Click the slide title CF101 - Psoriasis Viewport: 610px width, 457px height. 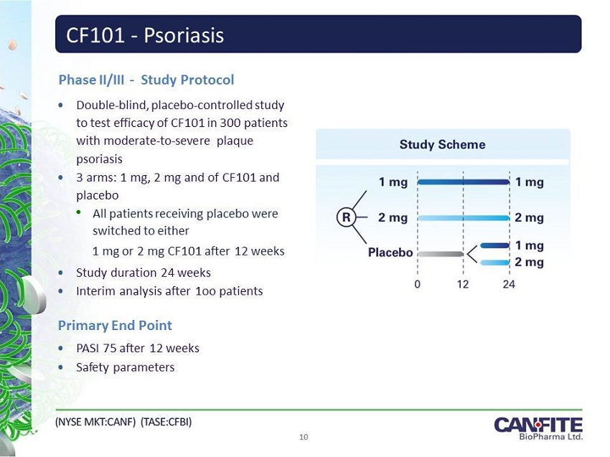145,35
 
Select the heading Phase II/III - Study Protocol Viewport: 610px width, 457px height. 146,80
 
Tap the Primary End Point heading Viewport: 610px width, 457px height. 115,325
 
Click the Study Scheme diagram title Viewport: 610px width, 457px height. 442,145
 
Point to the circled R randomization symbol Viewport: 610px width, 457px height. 347,217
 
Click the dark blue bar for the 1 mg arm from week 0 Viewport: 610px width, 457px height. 463,182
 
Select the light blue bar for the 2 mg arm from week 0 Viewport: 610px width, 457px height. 463,217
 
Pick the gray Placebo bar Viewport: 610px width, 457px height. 441,253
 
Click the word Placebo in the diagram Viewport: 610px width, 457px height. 390,253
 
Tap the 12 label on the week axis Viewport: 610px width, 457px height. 463,284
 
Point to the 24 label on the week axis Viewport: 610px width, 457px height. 509,284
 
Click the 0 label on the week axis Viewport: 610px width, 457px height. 418,284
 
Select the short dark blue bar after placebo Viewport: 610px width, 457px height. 494,245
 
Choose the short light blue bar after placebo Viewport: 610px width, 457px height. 494,263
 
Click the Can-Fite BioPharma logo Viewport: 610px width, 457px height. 538,428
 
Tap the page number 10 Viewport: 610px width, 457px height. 304,437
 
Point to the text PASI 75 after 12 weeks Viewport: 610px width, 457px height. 138,348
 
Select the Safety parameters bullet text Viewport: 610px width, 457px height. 126,367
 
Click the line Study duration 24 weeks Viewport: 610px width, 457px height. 144,273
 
